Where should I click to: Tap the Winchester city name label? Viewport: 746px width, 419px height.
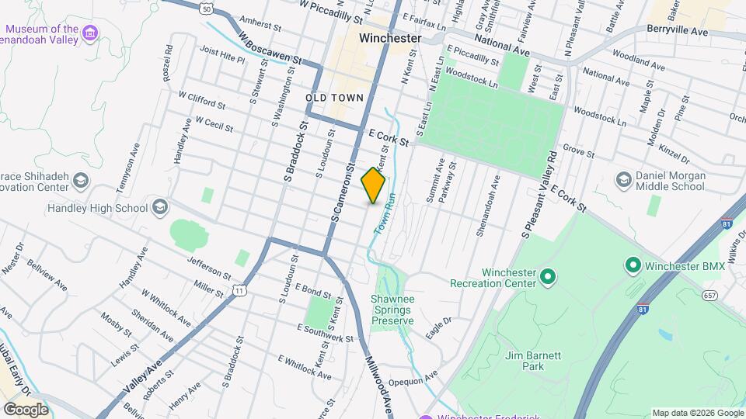[390, 38]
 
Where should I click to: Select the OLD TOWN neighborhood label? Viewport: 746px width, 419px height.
[334, 98]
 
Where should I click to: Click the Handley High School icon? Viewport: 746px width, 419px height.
[159, 207]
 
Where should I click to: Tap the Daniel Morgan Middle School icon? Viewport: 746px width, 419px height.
[623, 180]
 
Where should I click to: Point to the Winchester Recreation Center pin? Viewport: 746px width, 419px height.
[547, 275]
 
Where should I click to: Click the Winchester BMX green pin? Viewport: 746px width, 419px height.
[633, 266]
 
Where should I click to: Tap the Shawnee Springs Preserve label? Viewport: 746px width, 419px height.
[392, 310]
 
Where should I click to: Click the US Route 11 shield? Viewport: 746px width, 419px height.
[242, 290]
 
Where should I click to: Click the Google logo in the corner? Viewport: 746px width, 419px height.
[25, 409]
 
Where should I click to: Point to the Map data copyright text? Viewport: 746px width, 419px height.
[696, 413]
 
